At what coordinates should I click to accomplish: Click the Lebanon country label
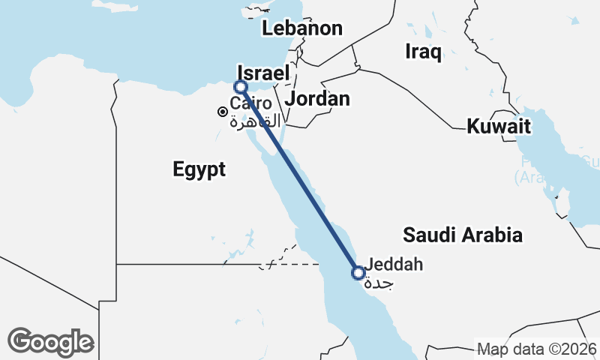pyautogui.click(x=301, y=29)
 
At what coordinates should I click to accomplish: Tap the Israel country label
pyautogui.click(x=262, y=73)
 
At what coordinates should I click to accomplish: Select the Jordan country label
pyautogui.click(x=318, y=99)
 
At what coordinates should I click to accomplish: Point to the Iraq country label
pyautogui.click(x=423, y=52)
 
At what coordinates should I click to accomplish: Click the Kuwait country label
pyautogui.click(x=499, y=126)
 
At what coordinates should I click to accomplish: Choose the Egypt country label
pyautogui.click(x=199, y=169)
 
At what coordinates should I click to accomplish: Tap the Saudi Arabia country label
pyautogui.click(x=462, y=235)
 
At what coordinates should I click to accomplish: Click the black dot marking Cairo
pyautogui.click(x=223, y=112)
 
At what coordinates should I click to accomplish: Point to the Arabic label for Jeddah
pyautogui.click(x=378, y=283)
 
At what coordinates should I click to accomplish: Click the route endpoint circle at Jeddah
pyautogui.click(x=358, y=272)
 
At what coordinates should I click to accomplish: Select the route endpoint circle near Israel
pyautogui.click(x=240, y=87)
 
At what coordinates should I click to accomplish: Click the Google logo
pyautogui.click(x=51, y=341)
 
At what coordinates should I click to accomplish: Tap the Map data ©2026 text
pyautogui.click(x=537, y=349)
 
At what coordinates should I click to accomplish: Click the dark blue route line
pyautogui.click(x=300, y=180)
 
